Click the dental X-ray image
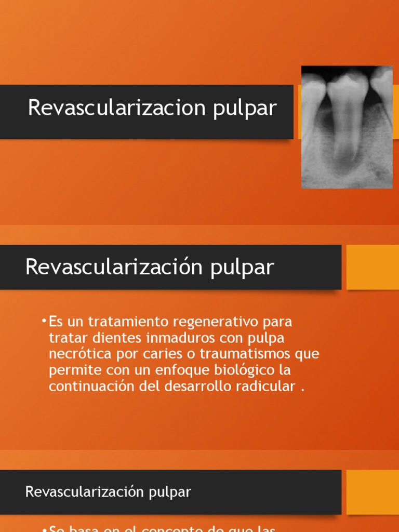click(347, 127)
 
